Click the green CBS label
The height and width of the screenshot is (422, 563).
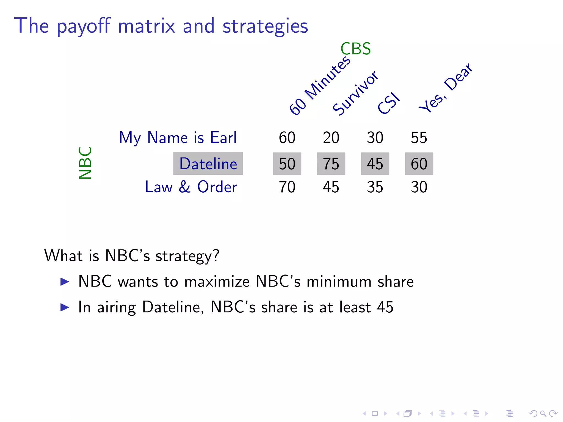[x=355, y=49]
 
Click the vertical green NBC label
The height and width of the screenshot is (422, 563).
[x=85, y=163]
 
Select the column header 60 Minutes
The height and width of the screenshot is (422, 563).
[x=320, y=86]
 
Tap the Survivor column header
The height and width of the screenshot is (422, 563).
[x=355, y=93]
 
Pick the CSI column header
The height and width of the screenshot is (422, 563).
[x=388, y=104]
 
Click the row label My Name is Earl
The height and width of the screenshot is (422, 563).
[x=178, y=137]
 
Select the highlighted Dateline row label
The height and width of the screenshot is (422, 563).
[x=208, y=163]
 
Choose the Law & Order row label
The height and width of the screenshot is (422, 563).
[x=191, y=187]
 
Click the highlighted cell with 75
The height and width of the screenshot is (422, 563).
[x=331, y=164]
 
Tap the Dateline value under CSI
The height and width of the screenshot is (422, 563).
[x=375, y=164]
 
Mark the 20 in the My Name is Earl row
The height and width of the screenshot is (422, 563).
[x=331, y=137]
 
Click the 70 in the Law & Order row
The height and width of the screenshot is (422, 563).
[x=287, y=187]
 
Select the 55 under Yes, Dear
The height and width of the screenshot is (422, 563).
[x=419, y=137]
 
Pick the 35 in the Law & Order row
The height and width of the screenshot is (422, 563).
[x=375, y=187]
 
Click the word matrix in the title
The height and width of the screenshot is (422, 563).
[x=147, y=26]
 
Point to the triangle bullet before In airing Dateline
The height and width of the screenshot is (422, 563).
[x=65, y=307]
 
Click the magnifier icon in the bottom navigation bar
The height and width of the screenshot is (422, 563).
[x=543, y=413]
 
